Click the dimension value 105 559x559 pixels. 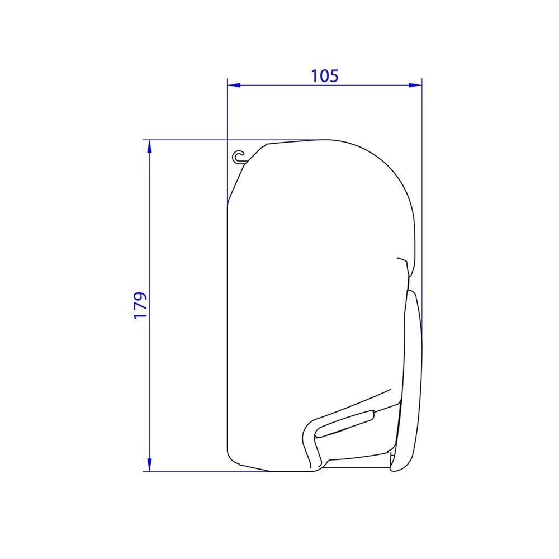click(325, 76)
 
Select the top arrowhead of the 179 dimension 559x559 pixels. click(149, 146)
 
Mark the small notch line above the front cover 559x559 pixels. click(402, 260)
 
